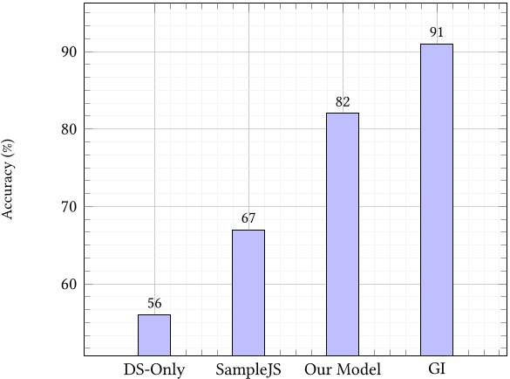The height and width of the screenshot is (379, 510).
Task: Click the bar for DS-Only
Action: pyautogui.click(x=154, y=335)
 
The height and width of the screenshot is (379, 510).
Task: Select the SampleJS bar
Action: pyautogui.click(x=248, y=293)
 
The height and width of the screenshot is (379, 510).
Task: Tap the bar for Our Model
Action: pyautogui.click(x=343, y=234)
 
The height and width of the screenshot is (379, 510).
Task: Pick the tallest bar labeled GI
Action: pyautogui.click(x=437, y=199)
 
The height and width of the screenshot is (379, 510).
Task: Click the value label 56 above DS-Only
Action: pyautogui.click(x=154, y=304)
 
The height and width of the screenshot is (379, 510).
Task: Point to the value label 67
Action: pyautogui.click(x=248, y=219)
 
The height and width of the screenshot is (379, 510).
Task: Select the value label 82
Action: pyautogui.click(x=343, y=102)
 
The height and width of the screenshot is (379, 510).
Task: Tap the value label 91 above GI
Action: pyautogui.click(x=437, y=33)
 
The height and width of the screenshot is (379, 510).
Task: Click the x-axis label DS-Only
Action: pyautogui.click(x=154, y=369)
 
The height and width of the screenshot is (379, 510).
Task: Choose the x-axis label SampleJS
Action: pyautogui.click(x=248, y=369)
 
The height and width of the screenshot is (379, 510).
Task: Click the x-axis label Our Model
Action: pyautogui.click(x=343, y=369)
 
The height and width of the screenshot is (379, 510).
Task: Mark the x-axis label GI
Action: pyautogui.click(x=437, y=369)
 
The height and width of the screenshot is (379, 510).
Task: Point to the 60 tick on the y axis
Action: pyautogui.click(x=68, y=285)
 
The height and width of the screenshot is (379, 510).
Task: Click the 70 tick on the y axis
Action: pyautogui.click(x=68, y=207)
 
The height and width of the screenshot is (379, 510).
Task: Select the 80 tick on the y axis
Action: pyautogui.click(x=68, y=129)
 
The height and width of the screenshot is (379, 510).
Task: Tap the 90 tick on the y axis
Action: pyautogui.click(x=68, y=52)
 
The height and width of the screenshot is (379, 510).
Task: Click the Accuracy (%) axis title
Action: pyautogui.click(x=9, y=179)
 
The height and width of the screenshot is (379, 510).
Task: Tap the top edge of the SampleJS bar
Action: pyautogui.click(x=248, y=231)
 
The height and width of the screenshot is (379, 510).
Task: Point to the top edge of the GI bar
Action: pyautogui.click(x=437, y=45)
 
